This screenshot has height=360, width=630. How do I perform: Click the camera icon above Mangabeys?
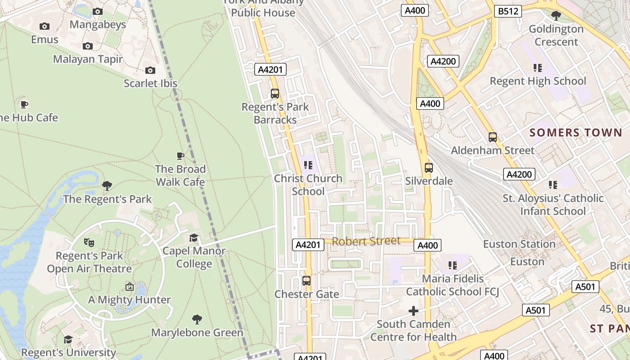tap(98, 11)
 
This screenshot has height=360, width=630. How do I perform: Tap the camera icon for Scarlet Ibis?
tap(150, 70)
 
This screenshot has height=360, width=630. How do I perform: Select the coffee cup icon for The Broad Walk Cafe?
tap(180, 156)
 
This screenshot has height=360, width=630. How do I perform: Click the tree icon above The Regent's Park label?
tap(107, 185)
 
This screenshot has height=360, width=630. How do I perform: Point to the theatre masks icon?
tap(89, 242)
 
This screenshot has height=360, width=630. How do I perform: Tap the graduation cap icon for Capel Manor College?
tap(193, 238)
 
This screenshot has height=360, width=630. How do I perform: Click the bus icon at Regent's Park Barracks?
tap(275, 94)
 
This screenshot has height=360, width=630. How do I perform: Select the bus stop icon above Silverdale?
tap(429, 168)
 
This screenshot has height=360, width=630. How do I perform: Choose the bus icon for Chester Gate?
tap(306, 281)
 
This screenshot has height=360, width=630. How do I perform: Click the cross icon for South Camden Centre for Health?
tap(413, 311)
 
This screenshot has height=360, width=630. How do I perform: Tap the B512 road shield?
tap(508, 11)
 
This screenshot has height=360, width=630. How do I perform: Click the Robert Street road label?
tap(366, 241)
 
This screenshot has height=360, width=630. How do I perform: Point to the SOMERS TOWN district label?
tap(576, 132)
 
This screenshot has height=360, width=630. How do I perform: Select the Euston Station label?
tap(519, 244)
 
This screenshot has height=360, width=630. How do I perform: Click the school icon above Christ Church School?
tap(308, 165)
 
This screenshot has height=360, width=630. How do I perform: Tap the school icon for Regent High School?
tap(538, 68)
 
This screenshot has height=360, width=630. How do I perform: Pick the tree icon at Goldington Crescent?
tap(556, 16)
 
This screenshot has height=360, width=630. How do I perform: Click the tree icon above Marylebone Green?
tap(197, 319)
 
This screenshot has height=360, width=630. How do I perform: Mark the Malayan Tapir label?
tap(88, 59)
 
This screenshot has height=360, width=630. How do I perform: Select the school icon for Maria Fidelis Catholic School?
tap(453, 265)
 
